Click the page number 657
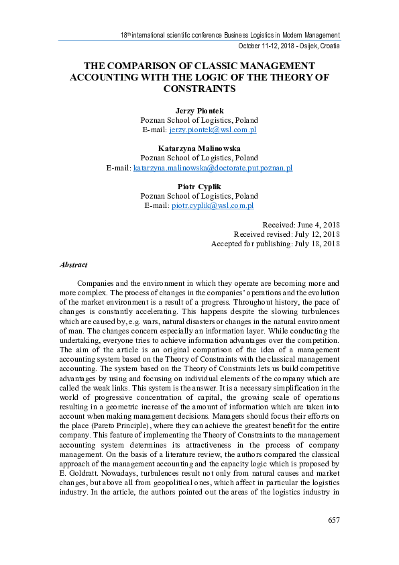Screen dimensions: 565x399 tap(334, 521)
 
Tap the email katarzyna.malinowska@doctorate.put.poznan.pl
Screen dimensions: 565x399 tap(213, 167)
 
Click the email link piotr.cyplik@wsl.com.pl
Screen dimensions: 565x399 tap(213, 205)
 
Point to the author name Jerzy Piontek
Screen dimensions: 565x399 tap(199, 110)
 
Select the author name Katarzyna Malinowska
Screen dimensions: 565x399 tap(199, 148)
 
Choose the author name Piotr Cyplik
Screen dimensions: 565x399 tap(199, 187)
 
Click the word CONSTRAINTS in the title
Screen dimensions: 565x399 tap(199, 89)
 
